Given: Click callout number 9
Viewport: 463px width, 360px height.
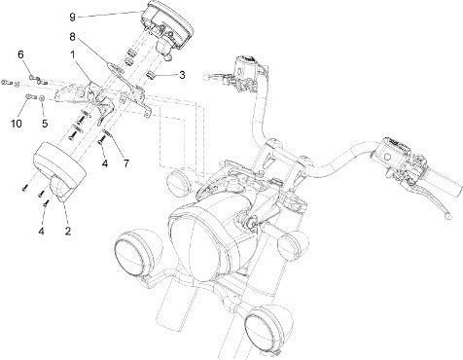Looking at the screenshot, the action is tap(72, 17).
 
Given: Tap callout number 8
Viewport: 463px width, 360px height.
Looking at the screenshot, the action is tap(72, 37).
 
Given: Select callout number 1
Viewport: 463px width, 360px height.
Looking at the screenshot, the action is tap(73, 55).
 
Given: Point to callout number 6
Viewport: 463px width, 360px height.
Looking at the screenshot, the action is tap(20, 54).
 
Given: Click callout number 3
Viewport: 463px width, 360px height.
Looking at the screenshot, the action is tap(182, 75).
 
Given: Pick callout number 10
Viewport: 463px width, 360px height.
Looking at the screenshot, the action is tap(17, 124).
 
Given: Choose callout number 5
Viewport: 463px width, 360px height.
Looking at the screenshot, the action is tap(45, 124).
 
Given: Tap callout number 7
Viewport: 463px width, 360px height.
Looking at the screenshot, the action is tap(125, 163).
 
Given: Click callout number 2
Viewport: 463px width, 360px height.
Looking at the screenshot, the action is tap(68, 231).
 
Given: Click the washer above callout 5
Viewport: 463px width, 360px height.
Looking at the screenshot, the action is tap(42, 98).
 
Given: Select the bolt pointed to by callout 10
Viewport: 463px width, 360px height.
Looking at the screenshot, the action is tap(29, 96).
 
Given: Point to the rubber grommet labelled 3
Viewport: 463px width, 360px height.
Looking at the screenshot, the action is tap(150, 76).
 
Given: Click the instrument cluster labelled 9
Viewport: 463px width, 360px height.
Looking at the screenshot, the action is tap(168, 26).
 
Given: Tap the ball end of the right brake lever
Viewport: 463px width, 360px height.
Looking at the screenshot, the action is tap(448, 215).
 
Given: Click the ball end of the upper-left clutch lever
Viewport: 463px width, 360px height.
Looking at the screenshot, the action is tap(205, 77).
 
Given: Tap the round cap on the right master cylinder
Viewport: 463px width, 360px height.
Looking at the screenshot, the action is tap(386, 157).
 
